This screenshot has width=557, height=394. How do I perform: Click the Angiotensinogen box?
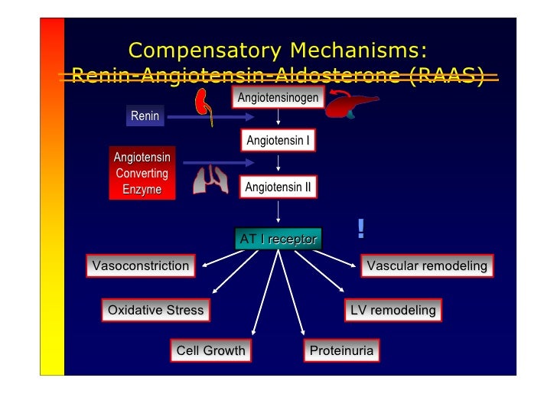coord(278,99)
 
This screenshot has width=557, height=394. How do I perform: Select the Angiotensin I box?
coord(277,141)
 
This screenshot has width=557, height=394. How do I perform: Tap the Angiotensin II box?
coord(277,186)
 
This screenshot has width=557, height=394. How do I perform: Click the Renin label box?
coord(145,116)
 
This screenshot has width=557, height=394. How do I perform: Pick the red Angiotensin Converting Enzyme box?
coord(142,173)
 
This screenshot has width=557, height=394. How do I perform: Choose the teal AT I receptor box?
coord(278,239)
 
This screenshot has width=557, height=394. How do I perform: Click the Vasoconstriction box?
coord(140,266)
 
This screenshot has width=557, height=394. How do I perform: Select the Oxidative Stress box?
coord(155,310)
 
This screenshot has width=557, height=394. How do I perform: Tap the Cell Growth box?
coord(210,351)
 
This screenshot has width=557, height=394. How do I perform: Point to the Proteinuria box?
coord(341,351)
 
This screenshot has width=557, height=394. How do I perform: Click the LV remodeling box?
coord(393,310)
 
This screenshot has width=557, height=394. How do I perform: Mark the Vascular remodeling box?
coord(427,266)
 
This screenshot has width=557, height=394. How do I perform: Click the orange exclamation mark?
coord(360,228)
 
